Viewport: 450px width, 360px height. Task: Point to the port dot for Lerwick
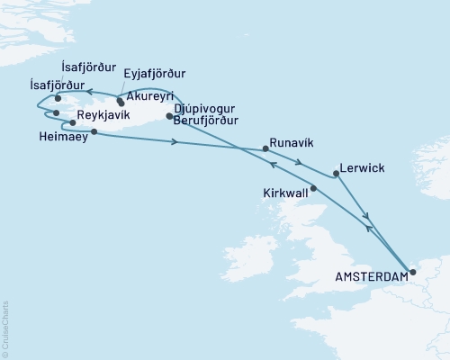(337, 174)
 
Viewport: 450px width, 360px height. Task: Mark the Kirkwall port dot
(313, 188)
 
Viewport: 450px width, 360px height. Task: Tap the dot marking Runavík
(265, 148)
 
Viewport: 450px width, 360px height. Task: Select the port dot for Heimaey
(94, 131)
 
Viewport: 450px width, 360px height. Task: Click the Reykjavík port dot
(72, 122)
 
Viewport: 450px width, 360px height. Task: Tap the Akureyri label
(150, 95)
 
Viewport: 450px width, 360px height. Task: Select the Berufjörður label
(208, 118)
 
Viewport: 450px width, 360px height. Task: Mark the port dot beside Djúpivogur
(169, 116)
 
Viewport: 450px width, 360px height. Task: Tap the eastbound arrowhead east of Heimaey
(173, 140)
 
